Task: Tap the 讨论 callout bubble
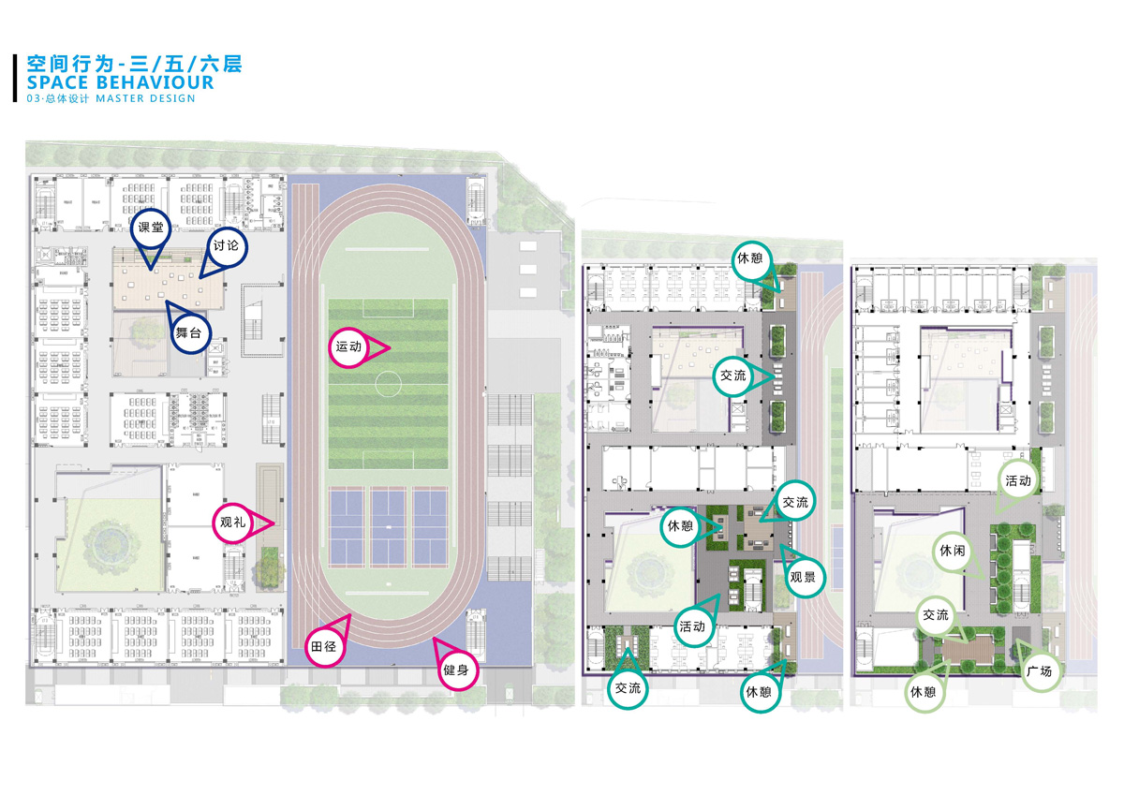coord(226,245)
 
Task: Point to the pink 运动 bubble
coord(348,347)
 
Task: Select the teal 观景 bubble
coord(803,577)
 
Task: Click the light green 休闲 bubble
coord(953,552)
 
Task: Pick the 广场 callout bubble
coord(1039,671)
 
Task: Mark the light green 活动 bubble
coord(1018,480)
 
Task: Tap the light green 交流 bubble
coord(936,615)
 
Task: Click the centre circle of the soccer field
coord(389,382)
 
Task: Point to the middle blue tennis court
coord(389,526)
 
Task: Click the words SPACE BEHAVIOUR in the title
coord(121,82)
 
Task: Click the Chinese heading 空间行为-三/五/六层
coord(135,64)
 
